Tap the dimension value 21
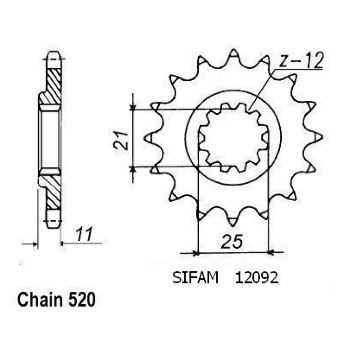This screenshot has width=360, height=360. [x=121, y=141]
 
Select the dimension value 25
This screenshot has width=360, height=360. [x=232, y=241]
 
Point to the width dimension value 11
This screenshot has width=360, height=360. [x=84, y=234]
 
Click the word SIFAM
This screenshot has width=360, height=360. [x=195, y=278]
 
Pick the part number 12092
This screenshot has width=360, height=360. [x=257, y=278]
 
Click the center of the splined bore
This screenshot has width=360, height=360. [x=233, y=138]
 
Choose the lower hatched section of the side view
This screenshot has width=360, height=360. [x=53, y=192]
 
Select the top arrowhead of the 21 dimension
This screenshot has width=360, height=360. [x=132, y=107]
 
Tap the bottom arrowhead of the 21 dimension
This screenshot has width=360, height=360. [x=132, y=170]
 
